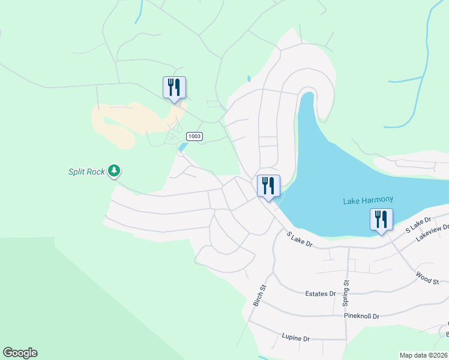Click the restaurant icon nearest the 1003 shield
coord(174,88)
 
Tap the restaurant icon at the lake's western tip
coord(268,186)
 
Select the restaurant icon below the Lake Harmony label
coord(381,220)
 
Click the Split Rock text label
coord(86,172)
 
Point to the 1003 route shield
coord(194,136)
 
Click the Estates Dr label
coord(320,293)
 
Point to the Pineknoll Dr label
coord(362,316)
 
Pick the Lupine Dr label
coord(295,338)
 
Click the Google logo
coord(20,353)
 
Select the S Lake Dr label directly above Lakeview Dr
coord(419,224)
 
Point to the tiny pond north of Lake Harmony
coord(249,79)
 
